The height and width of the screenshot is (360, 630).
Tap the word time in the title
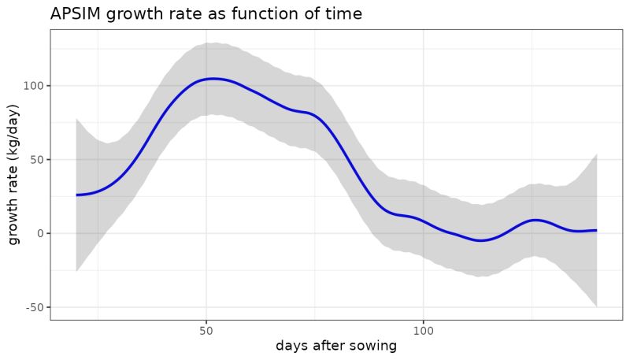[343, 14]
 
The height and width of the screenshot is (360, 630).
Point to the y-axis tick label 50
[36, 159]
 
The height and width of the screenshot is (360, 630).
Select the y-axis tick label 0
[39, 233]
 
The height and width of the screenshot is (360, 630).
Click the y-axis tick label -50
[34, 307]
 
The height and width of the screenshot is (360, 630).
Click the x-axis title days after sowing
[335, 346]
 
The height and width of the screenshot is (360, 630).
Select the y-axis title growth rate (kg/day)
[14, 175]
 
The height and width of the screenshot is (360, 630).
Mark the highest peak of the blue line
[213, 79]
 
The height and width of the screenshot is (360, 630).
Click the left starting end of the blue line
[76, 195]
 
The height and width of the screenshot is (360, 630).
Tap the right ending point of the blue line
[597, 230]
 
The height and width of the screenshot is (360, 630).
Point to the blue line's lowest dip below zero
[480, 240]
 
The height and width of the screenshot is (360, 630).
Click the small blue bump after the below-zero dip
[535, 220]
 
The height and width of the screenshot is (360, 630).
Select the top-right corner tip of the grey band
[597, 154]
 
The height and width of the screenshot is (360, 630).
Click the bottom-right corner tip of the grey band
[597, 306]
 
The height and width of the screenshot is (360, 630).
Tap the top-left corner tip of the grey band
[76, 119]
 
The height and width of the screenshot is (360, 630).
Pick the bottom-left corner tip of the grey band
[76, 271]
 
